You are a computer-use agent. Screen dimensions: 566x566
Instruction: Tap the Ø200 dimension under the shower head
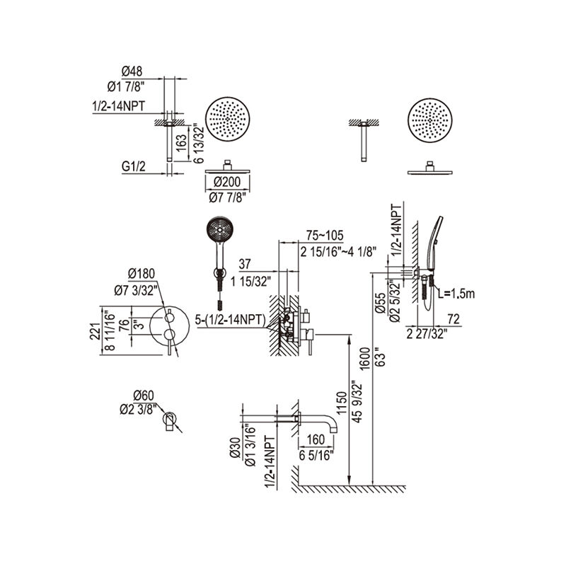tap(227, 182)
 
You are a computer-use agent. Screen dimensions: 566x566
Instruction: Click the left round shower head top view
tap(228, 122)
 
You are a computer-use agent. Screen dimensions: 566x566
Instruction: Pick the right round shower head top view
tap(430, 122)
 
